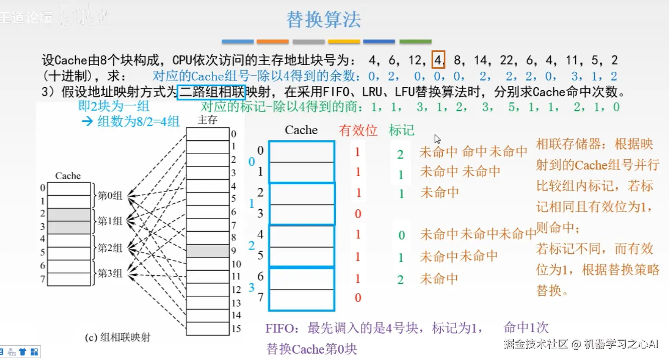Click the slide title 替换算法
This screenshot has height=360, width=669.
click(x=324, y=20)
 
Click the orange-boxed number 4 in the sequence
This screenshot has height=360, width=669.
click(x=438, y=60)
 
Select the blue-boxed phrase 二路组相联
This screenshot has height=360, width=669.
click(x=211, y=92)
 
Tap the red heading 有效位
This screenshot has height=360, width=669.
click(x=358, y=130)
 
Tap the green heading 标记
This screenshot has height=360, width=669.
click(x=401, y=130)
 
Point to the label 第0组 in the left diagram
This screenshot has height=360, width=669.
click(x=110, y=196)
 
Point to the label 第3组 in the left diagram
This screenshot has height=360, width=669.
click(x=110, y=273)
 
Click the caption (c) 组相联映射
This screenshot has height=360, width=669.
click(x=118, y=337)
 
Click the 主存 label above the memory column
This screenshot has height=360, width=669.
click(x=207, y=120)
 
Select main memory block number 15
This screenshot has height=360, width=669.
click(x=208, y=328)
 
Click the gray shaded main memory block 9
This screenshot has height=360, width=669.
click(x=208, y=250)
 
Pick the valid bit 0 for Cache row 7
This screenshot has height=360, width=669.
click(x=358, y=297)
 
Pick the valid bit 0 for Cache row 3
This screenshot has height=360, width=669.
click(x=358, y=214)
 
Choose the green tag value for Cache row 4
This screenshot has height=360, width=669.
click(x=401, y=235)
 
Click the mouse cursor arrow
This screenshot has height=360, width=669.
click(x=437, y=139)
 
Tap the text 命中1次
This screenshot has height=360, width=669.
click(x=526, y=328)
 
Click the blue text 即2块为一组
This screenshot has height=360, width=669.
click(x=114, y=106)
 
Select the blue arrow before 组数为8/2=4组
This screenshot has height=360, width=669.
click(x=87, y=121)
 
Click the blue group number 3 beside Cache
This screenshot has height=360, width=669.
click(x=251, y=287)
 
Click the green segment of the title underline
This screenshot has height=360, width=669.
click(x=415, y=41)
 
